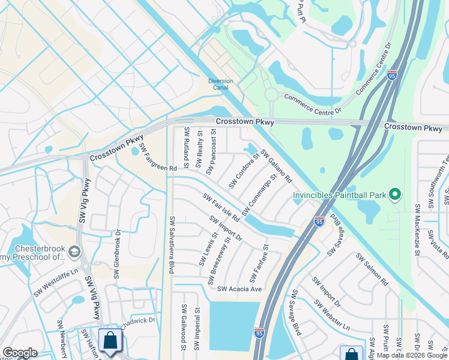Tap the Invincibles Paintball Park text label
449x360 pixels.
pyautogui.click(x=339, y=195)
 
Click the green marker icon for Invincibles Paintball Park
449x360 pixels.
pyautogui.click(x=394, y=194)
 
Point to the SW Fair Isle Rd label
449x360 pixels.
pyautogui.click(x=221, y=208)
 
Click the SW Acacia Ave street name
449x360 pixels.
pyautogui.click(x=240, y=289)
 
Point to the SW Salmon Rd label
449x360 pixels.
pyautogui.click(x=372, y=269)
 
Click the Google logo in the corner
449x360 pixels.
pyautogui.click(x=20, y=353)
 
